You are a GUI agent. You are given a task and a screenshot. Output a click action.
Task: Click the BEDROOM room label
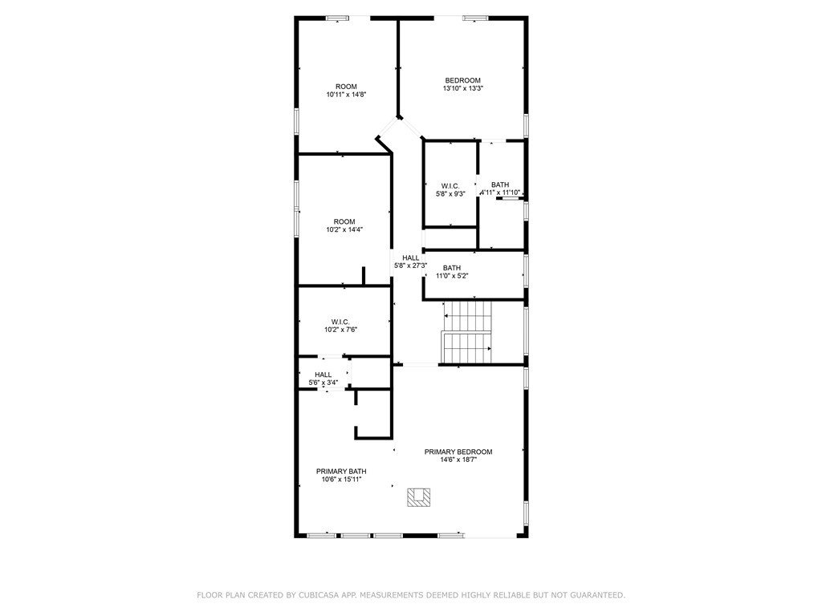[x=462, y=80]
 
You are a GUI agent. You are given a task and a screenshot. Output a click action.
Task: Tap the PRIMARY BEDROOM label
[x=458, y=452]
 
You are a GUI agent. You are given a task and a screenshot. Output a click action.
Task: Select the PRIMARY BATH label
[x=341, y=472]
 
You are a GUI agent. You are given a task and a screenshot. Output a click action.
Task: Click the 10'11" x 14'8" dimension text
[x=346, y=95]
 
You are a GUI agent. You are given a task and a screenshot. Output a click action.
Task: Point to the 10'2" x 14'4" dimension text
[x=344, y=229]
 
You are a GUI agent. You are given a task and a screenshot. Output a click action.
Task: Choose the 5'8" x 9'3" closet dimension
[x=450, y=194]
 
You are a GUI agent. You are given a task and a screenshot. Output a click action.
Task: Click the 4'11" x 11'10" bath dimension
[x=500, y=192]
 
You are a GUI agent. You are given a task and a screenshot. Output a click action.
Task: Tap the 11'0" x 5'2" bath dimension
[x=452, y=276]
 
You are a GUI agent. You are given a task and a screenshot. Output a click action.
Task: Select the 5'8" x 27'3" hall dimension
[x=410, y=265]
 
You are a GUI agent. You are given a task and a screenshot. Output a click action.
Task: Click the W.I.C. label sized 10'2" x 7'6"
[x=340, y=322]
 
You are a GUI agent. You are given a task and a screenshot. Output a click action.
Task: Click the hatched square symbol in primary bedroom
[x=418, y=497]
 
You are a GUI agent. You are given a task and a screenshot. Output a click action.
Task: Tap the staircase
[x=468, y=333]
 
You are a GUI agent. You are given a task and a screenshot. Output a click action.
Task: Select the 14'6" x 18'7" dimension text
[x=458, y=460]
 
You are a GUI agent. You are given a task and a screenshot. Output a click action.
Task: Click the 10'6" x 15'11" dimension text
[x=341, y=480]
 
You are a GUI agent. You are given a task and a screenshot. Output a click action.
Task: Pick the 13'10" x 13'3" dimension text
[x=462, y=88]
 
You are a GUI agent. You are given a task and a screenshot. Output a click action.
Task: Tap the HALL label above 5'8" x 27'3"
[x=410, y=257]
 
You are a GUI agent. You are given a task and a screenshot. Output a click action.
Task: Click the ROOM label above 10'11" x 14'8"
[x=346, y=87]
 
